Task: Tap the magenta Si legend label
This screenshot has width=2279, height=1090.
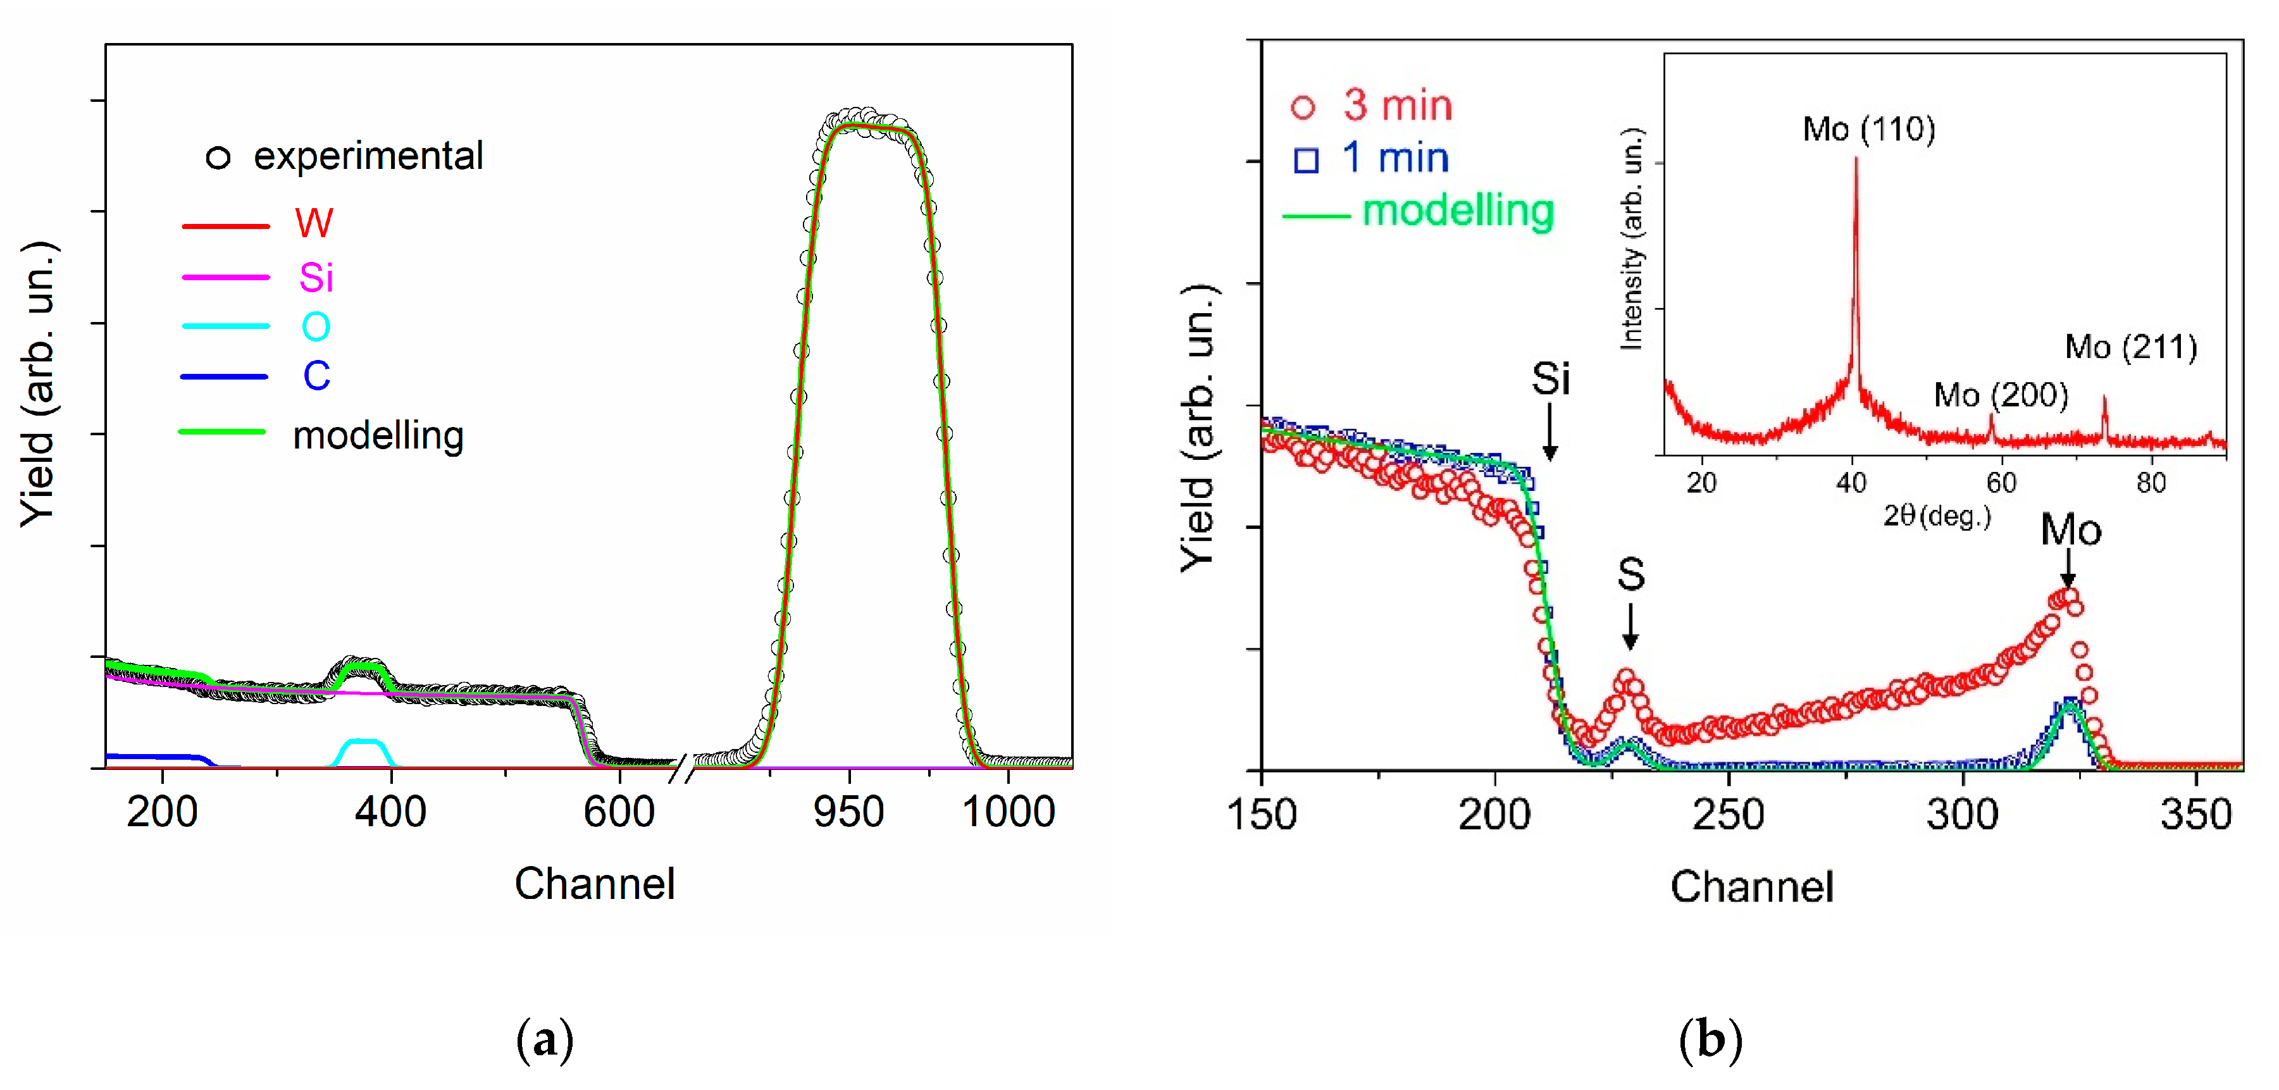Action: (x=316, y=278)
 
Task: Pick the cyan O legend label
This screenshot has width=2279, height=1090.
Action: (x=316, y=327)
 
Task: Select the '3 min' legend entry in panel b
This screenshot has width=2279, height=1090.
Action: (x=1397, y=106)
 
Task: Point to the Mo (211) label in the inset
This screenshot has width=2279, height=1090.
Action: (x=2130, y=347)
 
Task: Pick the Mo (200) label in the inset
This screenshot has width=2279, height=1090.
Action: (x=2001, y=395)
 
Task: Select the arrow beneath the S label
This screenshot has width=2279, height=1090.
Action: (x=1630, y=626)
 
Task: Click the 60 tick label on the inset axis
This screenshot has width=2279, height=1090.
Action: (x=2001, y=483)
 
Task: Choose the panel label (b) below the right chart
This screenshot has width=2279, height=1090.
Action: (x=1710, y=1039)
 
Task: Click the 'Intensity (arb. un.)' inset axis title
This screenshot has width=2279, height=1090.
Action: (x=1630, y=239)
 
